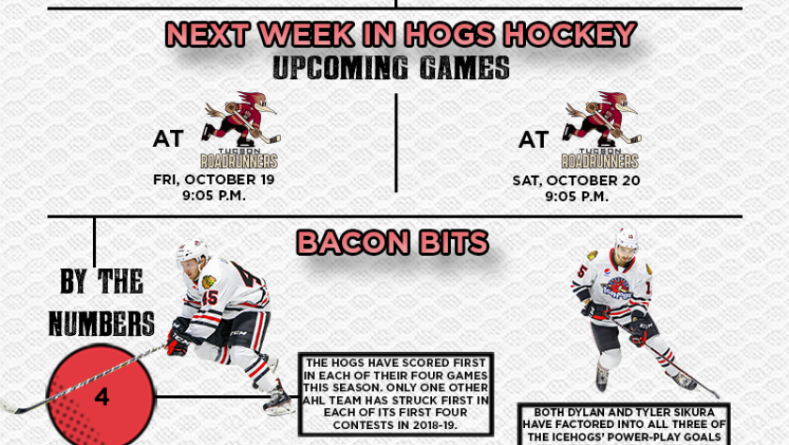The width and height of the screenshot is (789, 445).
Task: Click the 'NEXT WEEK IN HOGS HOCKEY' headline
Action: coord(401,34)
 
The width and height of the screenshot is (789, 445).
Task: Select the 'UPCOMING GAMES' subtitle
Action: coord(391,68)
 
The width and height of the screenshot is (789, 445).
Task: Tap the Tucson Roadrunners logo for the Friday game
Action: coord(240,130)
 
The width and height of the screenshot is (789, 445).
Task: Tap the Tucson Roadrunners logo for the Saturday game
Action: coord(601,130)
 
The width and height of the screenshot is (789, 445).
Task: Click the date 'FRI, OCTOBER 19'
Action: coord(214,180)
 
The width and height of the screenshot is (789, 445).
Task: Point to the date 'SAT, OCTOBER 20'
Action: coord(576,181)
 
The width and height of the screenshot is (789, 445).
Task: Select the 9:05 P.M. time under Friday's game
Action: coord(214,196)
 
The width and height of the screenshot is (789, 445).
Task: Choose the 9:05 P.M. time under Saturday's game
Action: coord(577,197)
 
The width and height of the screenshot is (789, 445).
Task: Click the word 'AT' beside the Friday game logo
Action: coord(168,138)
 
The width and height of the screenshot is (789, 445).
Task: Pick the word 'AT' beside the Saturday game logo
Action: coord(534,139)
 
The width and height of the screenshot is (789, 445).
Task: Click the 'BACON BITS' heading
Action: coord(393,243)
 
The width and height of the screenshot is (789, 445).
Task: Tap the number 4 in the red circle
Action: coord(101,397)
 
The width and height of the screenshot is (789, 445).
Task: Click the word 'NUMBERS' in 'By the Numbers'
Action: coord(101,323)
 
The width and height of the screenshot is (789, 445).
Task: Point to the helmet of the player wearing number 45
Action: coord(192,250)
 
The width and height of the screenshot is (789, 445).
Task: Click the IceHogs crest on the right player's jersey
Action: coord(616,288)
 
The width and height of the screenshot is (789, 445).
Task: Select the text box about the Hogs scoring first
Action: coord(395,394)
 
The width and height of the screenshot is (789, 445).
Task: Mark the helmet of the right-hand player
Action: coord(627,237)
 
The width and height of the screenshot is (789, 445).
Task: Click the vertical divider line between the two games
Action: coord(396,143)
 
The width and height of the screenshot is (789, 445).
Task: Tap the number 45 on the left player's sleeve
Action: coord(209,297)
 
